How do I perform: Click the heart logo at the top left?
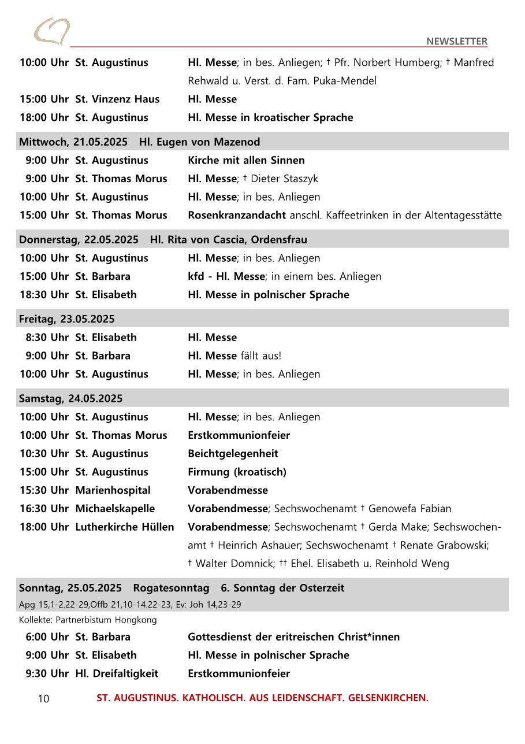tap(51, 31)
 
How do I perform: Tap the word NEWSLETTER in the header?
tap(456, 41)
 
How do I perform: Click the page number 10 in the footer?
tap(43, 699)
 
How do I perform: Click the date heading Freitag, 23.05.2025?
tap(66, 319)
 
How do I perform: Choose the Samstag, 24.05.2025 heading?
tap(70, 398)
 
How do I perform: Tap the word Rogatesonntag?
tap(171, 588)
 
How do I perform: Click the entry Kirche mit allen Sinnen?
tap(246, 160)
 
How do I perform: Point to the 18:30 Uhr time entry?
tap(44, 294)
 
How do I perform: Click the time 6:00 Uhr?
tap(47, 636)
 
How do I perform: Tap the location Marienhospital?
tap(113, 490)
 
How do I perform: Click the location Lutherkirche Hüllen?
tap(124, 527)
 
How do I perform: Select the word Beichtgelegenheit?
tap(233, 453)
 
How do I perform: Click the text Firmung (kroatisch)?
tap(237, 472)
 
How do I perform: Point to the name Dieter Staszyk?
tap(284, 179)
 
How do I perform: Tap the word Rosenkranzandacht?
tap(236, 215)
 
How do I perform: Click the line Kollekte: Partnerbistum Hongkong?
tap(88, 620)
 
